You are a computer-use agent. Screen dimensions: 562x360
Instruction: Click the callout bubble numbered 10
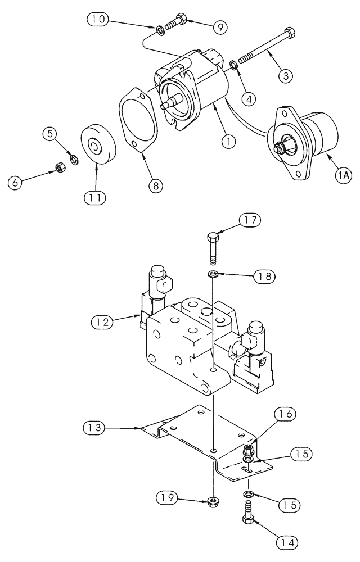pos(98,19)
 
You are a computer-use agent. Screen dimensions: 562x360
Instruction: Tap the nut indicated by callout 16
pos(247,450)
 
